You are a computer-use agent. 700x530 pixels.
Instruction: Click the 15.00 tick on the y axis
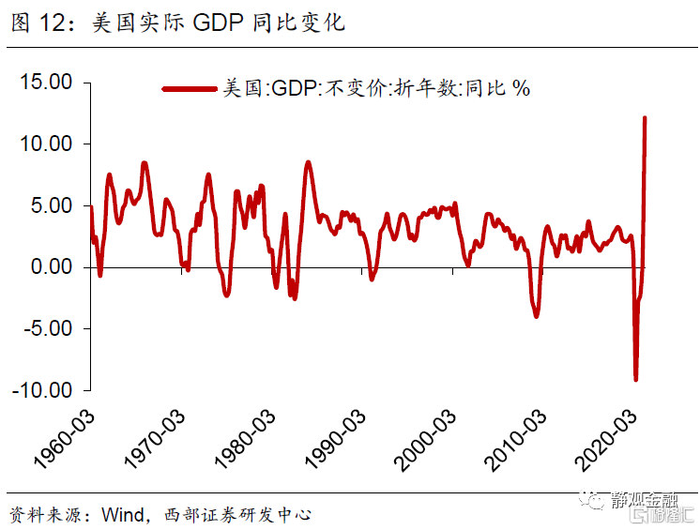(x=46, y=83)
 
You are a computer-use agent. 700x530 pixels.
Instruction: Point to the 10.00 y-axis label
(x=46, y=144)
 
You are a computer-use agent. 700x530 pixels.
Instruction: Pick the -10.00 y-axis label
(x=42, y=390)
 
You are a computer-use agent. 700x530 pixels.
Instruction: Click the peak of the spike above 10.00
(x=645, y=118)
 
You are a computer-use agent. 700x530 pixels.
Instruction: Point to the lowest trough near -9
(x=635, y=379)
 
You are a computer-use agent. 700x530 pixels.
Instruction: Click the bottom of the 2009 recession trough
(x=537, y=316)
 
